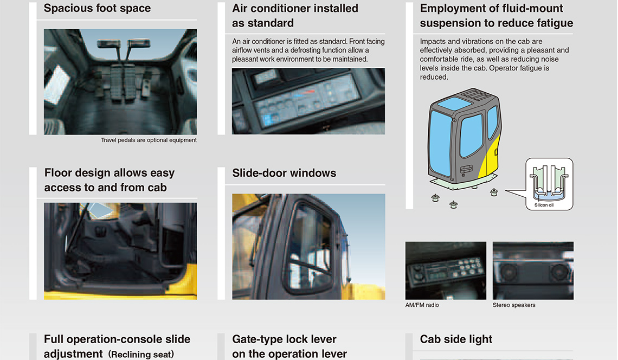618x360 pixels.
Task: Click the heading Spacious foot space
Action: [x=97, y=8]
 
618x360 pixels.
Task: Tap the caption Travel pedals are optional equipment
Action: [x=149, y=140]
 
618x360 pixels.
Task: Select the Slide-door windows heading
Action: [x=284, y=173]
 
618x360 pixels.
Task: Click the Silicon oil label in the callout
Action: [x=544, y=205]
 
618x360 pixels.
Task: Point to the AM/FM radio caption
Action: [x=422, y=305]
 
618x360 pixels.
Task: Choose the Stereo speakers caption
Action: [x=514, y=305]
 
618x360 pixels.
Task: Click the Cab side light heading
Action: [x=456, y=339]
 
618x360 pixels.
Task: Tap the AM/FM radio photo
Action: [x=446, y=271]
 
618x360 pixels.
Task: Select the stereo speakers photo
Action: [x=533, y=271]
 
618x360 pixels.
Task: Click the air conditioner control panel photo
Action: [x=308, y=101]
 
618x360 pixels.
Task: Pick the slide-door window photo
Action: [x=308, y=247]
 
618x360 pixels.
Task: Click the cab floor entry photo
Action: [x=120, y=251]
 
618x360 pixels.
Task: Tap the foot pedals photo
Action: [x=120, y=82]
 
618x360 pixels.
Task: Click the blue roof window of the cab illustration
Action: [x=454, y=104]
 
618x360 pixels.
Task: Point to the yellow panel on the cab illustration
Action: [x=489, y=158]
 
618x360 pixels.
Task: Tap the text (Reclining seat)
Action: [x=141, y=355]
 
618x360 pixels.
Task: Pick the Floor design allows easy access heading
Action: [x=109, y=180]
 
